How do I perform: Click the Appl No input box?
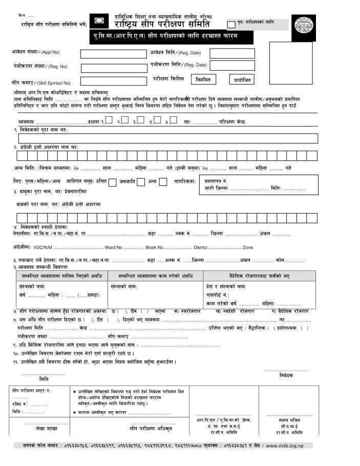click(113, 54)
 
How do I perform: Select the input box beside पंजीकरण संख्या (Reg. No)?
click(113, 68)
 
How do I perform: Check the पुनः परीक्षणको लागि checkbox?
click(231, 24)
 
